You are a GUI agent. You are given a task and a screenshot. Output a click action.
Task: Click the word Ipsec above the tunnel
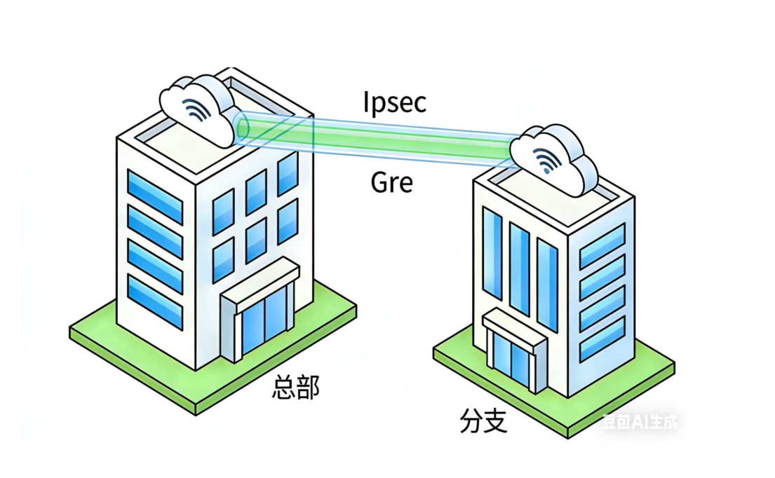395,102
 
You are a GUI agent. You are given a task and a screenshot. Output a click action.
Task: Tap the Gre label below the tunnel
391,183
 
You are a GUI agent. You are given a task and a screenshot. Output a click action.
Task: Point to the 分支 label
483,421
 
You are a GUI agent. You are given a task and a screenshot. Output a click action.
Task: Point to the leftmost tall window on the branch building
492,253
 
